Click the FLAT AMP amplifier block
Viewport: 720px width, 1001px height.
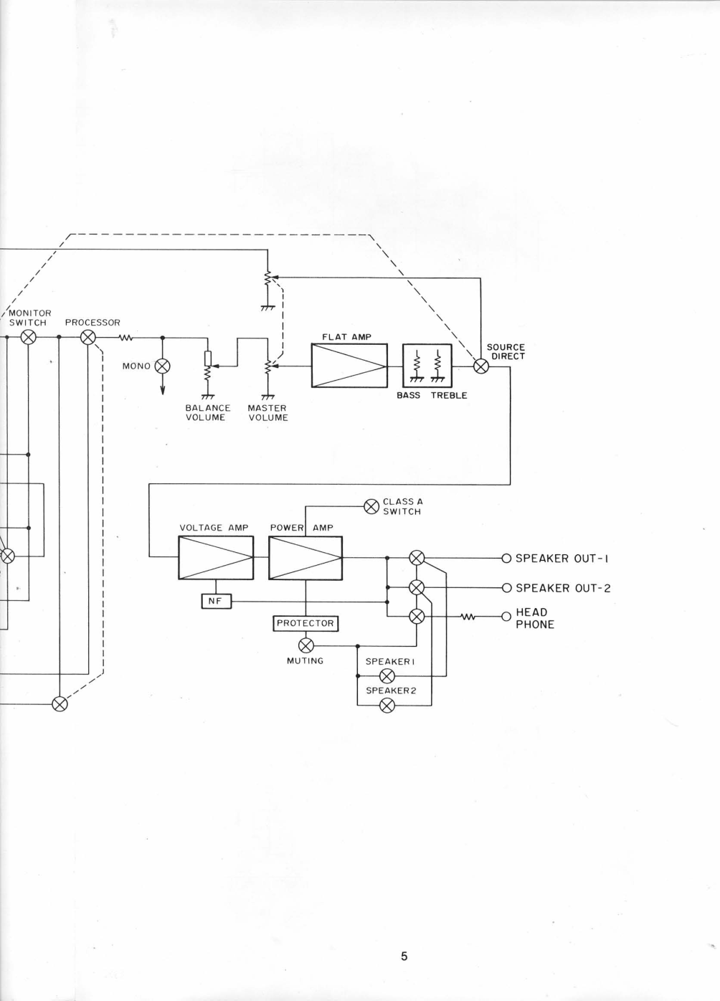[349, 366]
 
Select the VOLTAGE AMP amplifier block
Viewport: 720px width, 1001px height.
[215, 558]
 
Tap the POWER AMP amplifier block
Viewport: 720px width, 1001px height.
[305, 558]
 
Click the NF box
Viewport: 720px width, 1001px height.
[216, 601]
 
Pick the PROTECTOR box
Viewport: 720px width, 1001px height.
[305, 623]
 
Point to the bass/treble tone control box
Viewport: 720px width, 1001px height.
[427, 366]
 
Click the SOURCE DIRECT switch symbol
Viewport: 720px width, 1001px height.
[481, 366]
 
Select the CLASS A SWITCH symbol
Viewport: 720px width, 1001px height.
[371, 506]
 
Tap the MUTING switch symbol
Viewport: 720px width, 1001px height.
[305, 646]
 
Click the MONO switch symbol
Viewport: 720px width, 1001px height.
[163, 366]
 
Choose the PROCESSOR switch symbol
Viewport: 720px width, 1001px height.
[87, 337]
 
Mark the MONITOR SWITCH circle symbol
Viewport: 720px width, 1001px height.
[28, 337]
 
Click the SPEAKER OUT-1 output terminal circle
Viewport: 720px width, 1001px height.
[506, 558]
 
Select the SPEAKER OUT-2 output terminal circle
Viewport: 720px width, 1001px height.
[506, 588]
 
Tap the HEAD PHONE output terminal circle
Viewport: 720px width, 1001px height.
[506, 617]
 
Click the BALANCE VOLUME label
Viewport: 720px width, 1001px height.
[207, 413]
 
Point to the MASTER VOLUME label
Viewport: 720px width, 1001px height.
[267, 413]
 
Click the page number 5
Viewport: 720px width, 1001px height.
[404, 956]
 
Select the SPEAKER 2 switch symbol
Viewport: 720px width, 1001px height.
[387, 706]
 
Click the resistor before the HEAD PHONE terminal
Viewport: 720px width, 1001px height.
[468, 617]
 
